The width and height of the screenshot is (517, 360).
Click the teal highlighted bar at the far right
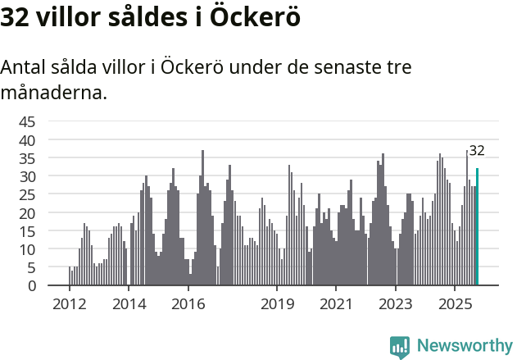pyautogui.click(x=477, y=227)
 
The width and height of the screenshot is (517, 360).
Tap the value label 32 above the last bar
pyautogui.click(x=477, y=150)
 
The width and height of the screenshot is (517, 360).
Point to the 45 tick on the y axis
pyautogui.click(x=27, y=122)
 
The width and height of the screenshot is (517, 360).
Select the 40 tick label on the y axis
pyautogui.click(x=27, y=140)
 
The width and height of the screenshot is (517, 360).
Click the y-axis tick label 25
pyautogui.click(x=27, y=195)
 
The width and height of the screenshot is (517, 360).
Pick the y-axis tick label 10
pyautogui.click(x=27, y=249)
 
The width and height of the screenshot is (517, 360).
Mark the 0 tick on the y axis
pyautogui.click(x=31, y=285)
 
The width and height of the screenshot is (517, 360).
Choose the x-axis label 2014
pyautogui.click(x=129, y=303)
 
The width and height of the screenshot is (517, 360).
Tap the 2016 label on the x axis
pyautogui.click(x=188, y=303)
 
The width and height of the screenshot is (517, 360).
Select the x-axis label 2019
pyautogui.click(x=277, y=303)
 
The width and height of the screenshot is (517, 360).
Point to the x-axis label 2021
pyautogui.click(x=336, y=303)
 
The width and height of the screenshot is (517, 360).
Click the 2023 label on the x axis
pyautogui.click(x=396, y=303)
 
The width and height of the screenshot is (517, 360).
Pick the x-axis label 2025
pyautogui.click(x=455, y=303)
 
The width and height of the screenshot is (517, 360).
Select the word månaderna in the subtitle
pyautogui.click(x=53, y=93)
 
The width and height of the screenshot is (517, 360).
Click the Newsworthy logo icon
pyautogui.click(x=400, y=347)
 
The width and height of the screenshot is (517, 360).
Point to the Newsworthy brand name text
pyautogui.click(x=464, y=346)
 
